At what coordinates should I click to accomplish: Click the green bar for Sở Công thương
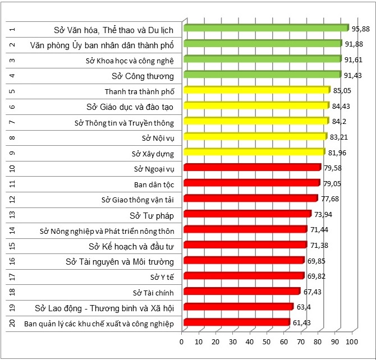click(x=261, y=75)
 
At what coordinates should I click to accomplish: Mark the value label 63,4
click(x=304, y=307)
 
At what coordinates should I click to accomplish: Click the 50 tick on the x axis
click(x=267, y=341)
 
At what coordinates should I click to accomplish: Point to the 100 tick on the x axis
click(x=352, y=341)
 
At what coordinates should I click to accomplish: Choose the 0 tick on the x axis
click(x=182, y=341)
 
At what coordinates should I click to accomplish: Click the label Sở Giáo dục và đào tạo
click(x=130, y=107)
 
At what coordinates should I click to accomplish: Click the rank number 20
click(x=12, y=323)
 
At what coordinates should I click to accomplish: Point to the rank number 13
click(x=12, y=215)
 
